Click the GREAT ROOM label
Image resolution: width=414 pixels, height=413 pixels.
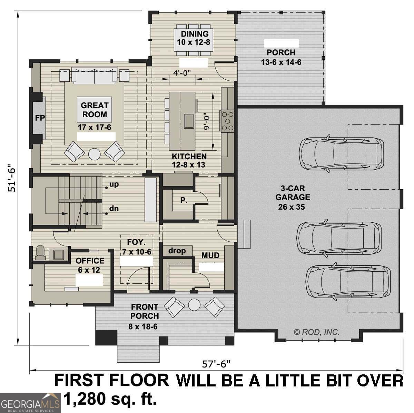94,110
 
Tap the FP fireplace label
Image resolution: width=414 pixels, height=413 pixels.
40,118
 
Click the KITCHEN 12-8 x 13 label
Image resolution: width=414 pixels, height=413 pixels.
189,161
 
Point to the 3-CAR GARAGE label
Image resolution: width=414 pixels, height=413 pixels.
292,198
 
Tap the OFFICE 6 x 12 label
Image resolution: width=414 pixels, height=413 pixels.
90,265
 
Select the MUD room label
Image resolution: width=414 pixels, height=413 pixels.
210,255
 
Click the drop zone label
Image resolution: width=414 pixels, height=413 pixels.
177,251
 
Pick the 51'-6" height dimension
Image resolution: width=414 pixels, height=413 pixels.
12,178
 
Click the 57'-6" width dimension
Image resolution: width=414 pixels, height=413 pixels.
216,363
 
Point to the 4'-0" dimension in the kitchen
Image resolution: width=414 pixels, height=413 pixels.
182,72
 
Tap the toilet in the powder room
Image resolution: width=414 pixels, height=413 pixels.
40,253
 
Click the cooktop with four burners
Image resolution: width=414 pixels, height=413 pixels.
227,121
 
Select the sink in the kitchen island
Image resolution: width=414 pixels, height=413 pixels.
189,121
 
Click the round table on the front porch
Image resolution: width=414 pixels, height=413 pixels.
194,305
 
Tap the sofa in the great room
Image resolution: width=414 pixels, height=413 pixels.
94,76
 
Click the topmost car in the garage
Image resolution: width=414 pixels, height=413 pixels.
341,154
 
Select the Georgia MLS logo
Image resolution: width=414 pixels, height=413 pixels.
30,403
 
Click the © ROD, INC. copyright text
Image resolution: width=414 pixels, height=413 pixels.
316,332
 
